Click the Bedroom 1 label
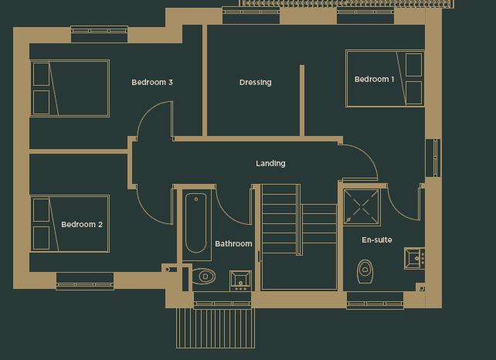pyautogui.click(x=374, y=80)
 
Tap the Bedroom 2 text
pyautogui.click(x=82, y=225)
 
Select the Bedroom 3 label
pyautogui.click(x=151, y=83)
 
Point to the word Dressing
pyautogui.click(x=255, y=83)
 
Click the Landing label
pyautogui.click(x=270, y=164)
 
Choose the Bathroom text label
pyautogui.click(x=233, y=244)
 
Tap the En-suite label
pyautogui.click(x=377, y=240)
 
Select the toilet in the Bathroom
pyautogui.click(x=203, y=276)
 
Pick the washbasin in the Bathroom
pyautogui.click(x=240, y=280)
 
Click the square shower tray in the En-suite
pyautogui.click(x=362, y=207)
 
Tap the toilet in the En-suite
pyautogui.click(x=365, y=270)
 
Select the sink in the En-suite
pyautogui.click(x=414, y=258)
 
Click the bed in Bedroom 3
pyautogui.click(x=70, y=88)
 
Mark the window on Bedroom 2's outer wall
pyautogui.click(x=85, y=282)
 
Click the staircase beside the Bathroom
pyautogui.click(x=297, y=236)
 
